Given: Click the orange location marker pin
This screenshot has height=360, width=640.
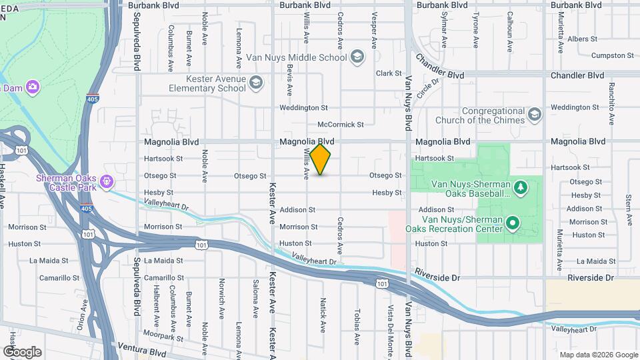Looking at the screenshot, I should (321, 159).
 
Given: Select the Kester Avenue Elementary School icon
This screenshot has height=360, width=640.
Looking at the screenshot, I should (257, 83).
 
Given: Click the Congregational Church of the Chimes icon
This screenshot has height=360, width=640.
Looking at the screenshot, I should (535, 115).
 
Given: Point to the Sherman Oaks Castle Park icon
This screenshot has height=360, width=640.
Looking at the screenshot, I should (105, 181).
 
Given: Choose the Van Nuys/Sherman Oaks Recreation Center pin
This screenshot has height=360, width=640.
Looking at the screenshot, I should (512, 223).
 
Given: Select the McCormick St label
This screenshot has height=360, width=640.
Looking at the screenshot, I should (340, 124).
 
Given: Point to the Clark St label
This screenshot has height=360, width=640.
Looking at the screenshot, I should (389, 73).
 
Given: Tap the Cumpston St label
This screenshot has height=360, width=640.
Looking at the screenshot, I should (612, 56).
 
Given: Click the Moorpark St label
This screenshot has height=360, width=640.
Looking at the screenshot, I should (162, 339).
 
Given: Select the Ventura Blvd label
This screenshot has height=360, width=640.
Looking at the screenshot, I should (141, 348).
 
